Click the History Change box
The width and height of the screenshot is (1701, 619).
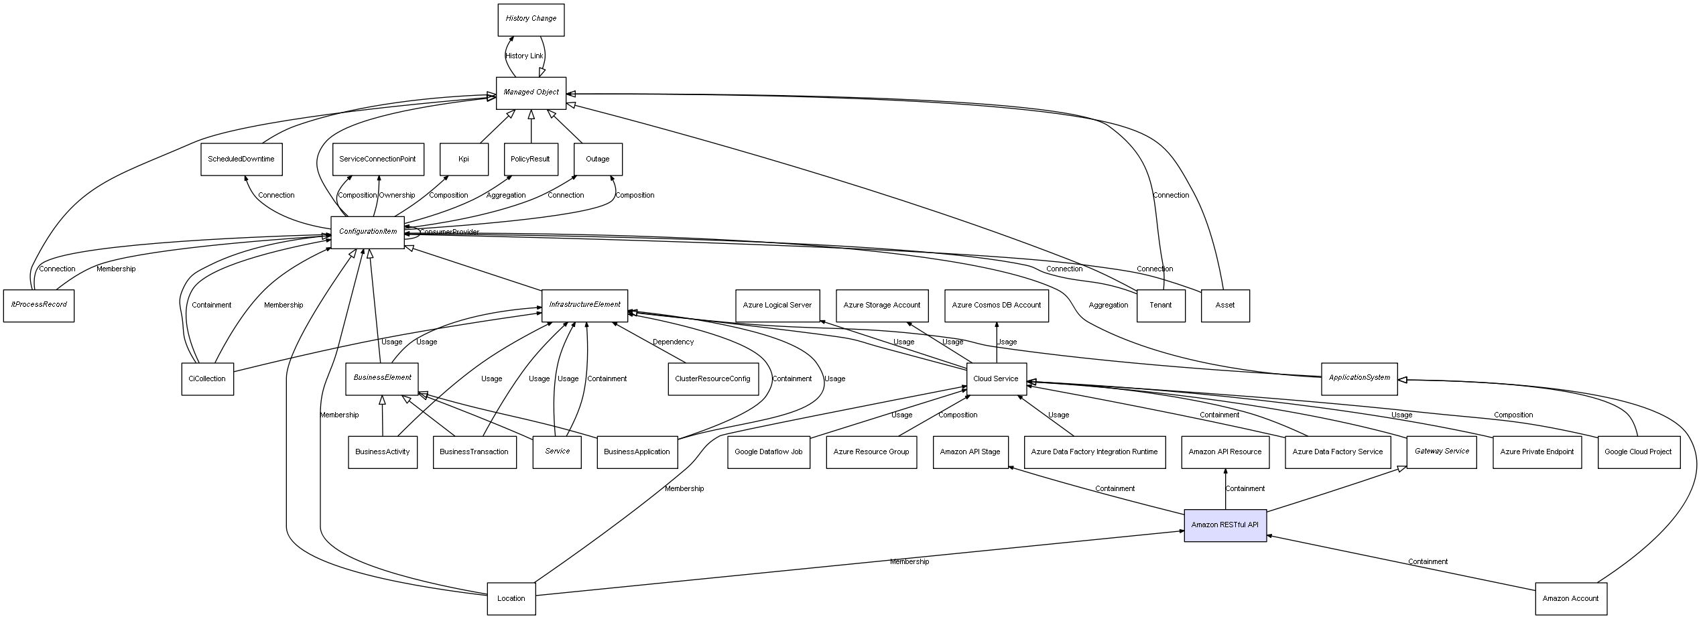pyautogui.click(x=531, y=19)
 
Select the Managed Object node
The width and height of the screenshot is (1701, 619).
pyautogui.click(x=531, y=93)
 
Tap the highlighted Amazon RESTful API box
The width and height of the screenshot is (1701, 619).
pyautogui.click(x=1224, y=525)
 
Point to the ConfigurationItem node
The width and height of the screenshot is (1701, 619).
pyautogui.click(x=367, y=232)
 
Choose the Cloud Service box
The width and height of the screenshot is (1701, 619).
pyautogui.click(x=996, y=379)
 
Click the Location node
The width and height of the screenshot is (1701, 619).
pyautogui.click(x=511, y=599)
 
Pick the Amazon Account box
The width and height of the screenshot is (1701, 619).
pyautogui.click(x=1570, y=599)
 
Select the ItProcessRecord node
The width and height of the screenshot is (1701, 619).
pyautogui.click(x=39, y=305)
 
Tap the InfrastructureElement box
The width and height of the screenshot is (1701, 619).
pyautogui.click(x=584, y=305)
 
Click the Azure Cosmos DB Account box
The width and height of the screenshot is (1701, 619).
pyautogui.click(x=996, y=305)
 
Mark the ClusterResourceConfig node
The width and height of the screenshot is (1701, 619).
pyautogui.click(x=712, y=379)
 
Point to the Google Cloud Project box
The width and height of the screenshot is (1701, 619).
pyautogui.click(x=1638, y=452)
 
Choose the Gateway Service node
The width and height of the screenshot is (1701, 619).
pyautogui.click(x=1441, y=452)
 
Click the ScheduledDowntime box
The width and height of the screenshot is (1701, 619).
pyautogui.click(x=241, y=159)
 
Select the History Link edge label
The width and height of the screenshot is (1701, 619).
pyautogui.click(x=524, y=56)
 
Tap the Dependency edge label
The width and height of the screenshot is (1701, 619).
pyautogui.click(x=673, y=342)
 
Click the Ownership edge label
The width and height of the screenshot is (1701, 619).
pyautogui.click(x=397, y=196)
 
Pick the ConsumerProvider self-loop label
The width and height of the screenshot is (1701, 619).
pyautogui.click(x=450, y=232)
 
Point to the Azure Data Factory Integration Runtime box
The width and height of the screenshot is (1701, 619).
pyautogui.click(x=1094, y=452)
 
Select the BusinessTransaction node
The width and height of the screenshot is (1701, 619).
pyautogui.click(x=474, y=452)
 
